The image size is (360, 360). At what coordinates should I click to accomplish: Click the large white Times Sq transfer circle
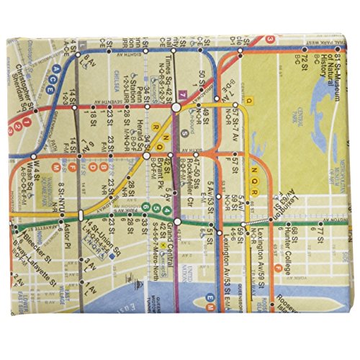click(x=175, y=108)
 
